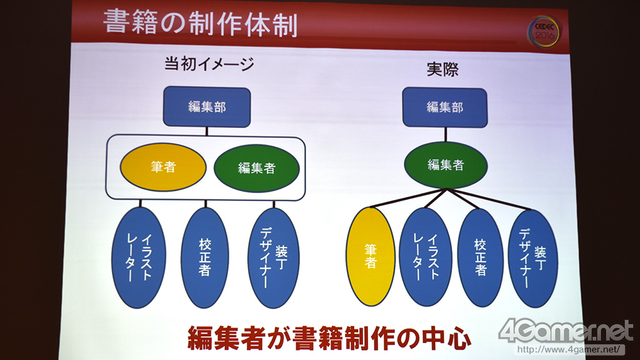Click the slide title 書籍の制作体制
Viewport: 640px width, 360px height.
click(x=200, y=22)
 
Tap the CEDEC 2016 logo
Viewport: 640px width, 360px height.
click(x=544, y=31)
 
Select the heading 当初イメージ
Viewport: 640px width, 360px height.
click(x=209, y=64)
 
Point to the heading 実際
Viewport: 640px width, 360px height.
click(x=442, y=69)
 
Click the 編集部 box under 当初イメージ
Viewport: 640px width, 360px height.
click(x=207, y=106)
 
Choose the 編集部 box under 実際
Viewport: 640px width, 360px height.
click(x=445, y=107)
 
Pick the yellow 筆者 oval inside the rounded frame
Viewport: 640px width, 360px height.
click(x=163, y=167)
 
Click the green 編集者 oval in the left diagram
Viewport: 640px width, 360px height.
click(x=257, y=167)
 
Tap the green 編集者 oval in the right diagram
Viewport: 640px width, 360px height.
click(x=446, y=165)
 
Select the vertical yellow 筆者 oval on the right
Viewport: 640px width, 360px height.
click(x=371, y=257)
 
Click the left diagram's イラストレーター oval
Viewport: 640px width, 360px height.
click(x=139, y=257)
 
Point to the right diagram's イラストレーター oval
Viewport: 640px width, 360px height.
click(x=426, y=257)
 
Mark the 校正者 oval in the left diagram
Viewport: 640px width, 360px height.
click(x=205, y=257)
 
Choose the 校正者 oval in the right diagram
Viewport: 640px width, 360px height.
click(x=481, y=257)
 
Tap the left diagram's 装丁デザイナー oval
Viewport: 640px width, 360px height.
click(x=274, y=258)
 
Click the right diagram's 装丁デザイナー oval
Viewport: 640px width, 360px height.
click(x=533, y=258)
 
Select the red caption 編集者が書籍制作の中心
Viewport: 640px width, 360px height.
click(x=329, y=337)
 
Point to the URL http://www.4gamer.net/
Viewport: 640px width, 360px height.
click(x=570, y=350)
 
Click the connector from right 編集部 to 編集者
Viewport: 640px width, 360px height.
click(x=445, y=135)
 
